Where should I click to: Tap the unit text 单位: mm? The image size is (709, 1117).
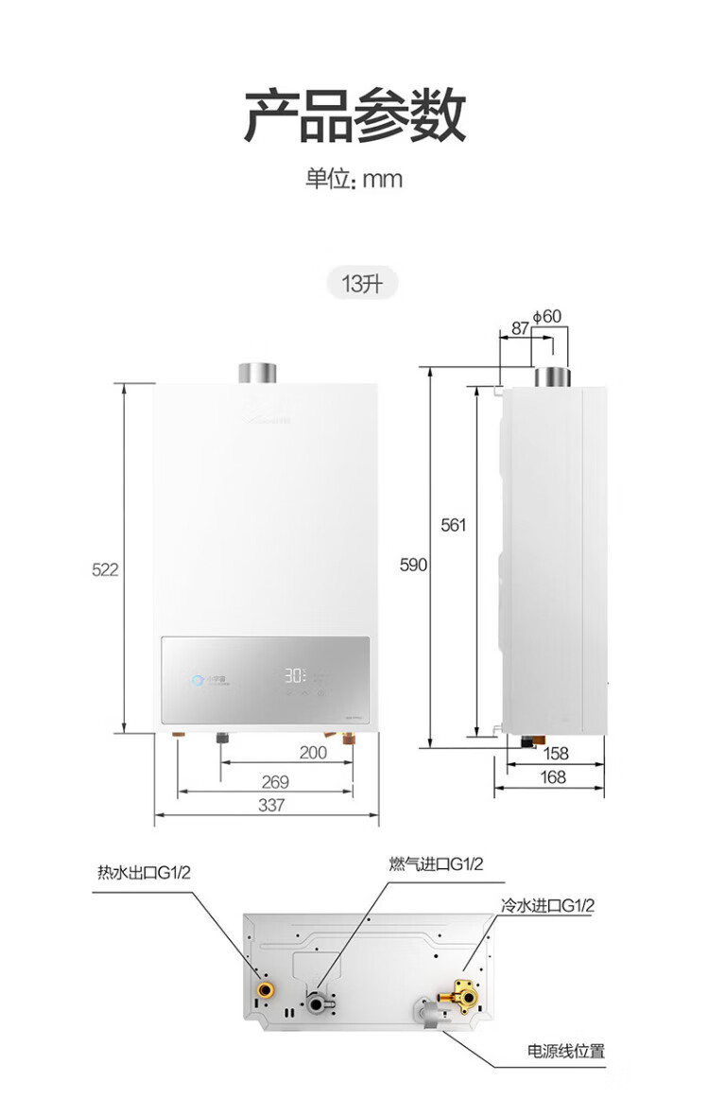pyautogui.click(x=354, y=179)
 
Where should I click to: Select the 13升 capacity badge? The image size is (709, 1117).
pyautogui.click(x=363, y=283)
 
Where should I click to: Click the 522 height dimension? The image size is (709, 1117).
pyautogui.click(x=105, y=569)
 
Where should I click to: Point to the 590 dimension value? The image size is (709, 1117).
pyautogui.click(x=414, y=565)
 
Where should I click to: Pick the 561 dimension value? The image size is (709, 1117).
pyautogui.click(x=454, y=525)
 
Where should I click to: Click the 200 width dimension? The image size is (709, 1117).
pyautogui.click(x=313, y=753)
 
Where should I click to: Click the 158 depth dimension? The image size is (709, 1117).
pyautogui.click(x=558, y=754)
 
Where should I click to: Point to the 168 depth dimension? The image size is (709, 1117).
pyautogui.click(x=553, y=777)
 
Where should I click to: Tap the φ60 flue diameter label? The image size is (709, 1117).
pyautogui.click(x=547, y=316)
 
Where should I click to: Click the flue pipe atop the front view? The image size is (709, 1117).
pyautogui.click(x=256, y=373)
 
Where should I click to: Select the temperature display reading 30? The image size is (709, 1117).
pyautogui.click(x=293, y=677)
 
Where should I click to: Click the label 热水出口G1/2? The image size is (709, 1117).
pyautogui.click(x=144, y=873)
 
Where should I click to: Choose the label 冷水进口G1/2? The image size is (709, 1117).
pyautogui.click(x=548, y=906)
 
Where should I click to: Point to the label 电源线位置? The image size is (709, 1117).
pyautogui.click(x=565, y=1051)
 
